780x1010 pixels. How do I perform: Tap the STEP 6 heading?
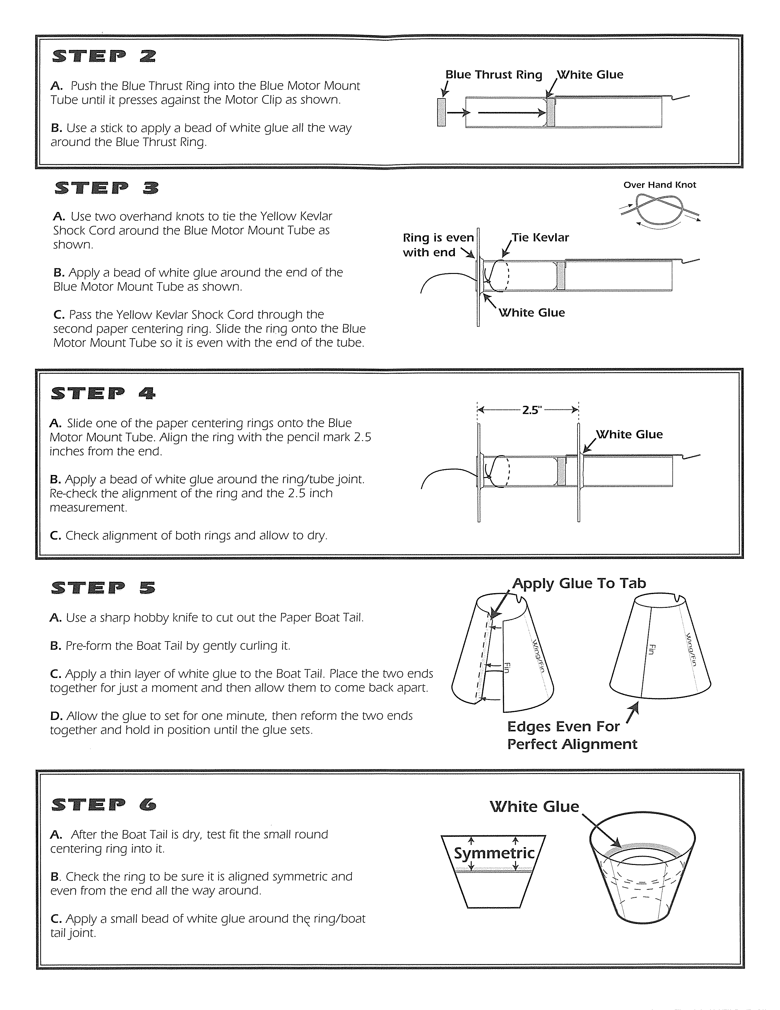tap(104, 805)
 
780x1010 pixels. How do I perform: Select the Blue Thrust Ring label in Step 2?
tap(493, 75)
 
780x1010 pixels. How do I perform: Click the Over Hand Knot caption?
tap(659, 185)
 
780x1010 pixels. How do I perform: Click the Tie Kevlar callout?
tap(540, 238)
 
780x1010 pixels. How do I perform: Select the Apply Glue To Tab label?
tap(579, 584)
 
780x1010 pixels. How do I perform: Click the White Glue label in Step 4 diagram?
tap(630, 435)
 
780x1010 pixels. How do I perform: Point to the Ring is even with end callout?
tap(438, 245)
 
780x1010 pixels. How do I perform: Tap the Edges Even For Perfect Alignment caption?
tap(572, 735)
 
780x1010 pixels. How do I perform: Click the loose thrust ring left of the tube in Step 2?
tap(441, 112)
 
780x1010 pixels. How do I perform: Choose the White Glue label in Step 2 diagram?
tap(590, 75)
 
